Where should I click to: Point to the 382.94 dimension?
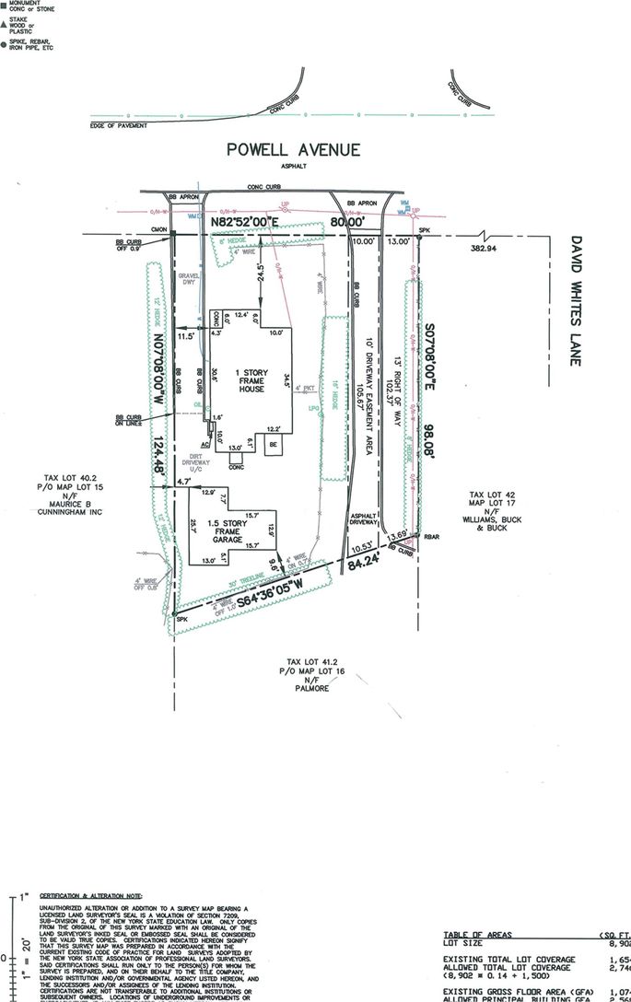click(483, 249)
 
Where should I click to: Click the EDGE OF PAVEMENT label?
click(118, 124)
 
